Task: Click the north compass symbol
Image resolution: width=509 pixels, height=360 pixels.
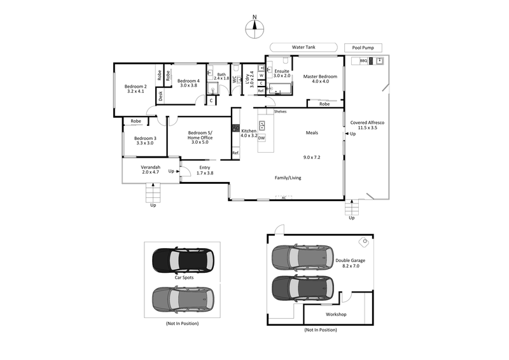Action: click(x=254, y=25)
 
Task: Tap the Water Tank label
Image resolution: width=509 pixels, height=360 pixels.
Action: click(x=303, y=47)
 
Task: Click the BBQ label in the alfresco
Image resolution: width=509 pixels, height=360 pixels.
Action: click(x=364, y=61)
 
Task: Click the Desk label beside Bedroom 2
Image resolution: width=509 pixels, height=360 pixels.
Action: click(x=160, y=96)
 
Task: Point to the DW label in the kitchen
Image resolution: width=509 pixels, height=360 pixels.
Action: click(x=261, y=137)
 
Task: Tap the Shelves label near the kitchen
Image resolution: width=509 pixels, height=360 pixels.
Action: click(x=280, y=111)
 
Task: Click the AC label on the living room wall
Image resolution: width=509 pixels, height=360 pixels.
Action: click(x=284, y=198)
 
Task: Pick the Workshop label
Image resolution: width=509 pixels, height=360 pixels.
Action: click(x=335, y=314)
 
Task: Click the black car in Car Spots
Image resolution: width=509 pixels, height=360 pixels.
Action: click(x=183, y=259)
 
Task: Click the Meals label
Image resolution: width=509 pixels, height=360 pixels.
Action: click(x=312, y=133)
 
